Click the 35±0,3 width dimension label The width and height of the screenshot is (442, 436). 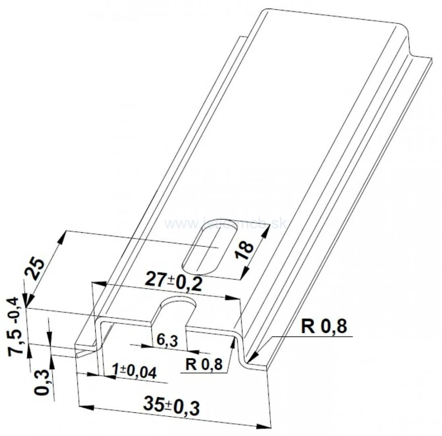pos(171,404)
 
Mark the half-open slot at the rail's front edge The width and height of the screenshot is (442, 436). pos(177,309)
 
